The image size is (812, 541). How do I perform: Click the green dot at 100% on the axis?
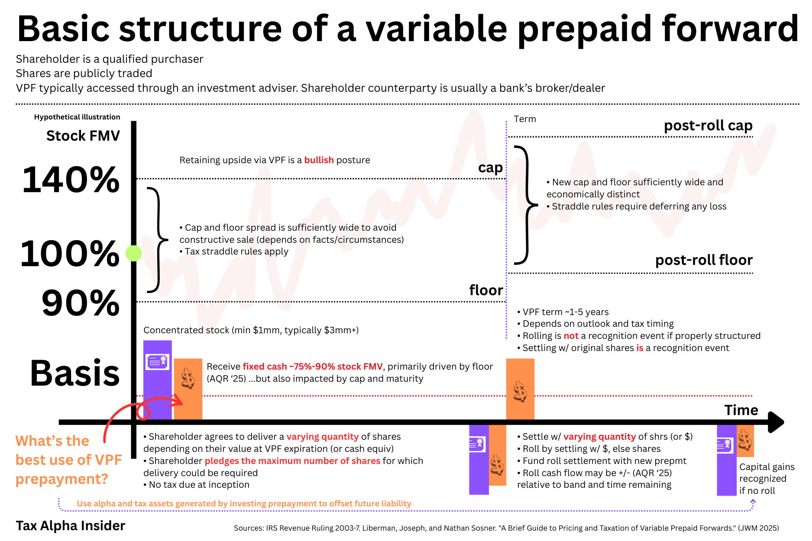pos(134,253)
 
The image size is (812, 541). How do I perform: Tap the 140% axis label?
pos(71,180)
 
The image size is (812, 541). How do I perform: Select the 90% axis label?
pos(81,303)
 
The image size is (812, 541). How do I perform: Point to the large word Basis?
pos(75,373)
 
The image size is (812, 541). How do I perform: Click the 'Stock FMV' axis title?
pos(83,136)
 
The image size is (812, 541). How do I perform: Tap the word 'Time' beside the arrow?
pos(741,410)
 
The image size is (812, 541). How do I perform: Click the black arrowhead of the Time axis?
pos(776,422)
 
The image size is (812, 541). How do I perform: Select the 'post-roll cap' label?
pos(708,126)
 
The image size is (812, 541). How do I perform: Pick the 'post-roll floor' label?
pos(704,260)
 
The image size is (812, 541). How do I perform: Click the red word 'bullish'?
pos(319,160)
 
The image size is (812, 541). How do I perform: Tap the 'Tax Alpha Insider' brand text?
pos(71,525)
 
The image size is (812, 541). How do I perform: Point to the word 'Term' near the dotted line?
pos(525,119)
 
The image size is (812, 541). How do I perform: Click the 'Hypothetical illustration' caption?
pos(77,117)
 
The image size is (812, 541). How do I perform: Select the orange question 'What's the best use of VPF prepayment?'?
pos(68,460)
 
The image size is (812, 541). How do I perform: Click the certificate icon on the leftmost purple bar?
pos(157,361)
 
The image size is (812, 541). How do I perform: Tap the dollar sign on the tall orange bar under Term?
pos(520,392)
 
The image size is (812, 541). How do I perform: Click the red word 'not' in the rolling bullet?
pos(571,336)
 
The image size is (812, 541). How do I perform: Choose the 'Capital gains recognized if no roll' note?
pos(767,479)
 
